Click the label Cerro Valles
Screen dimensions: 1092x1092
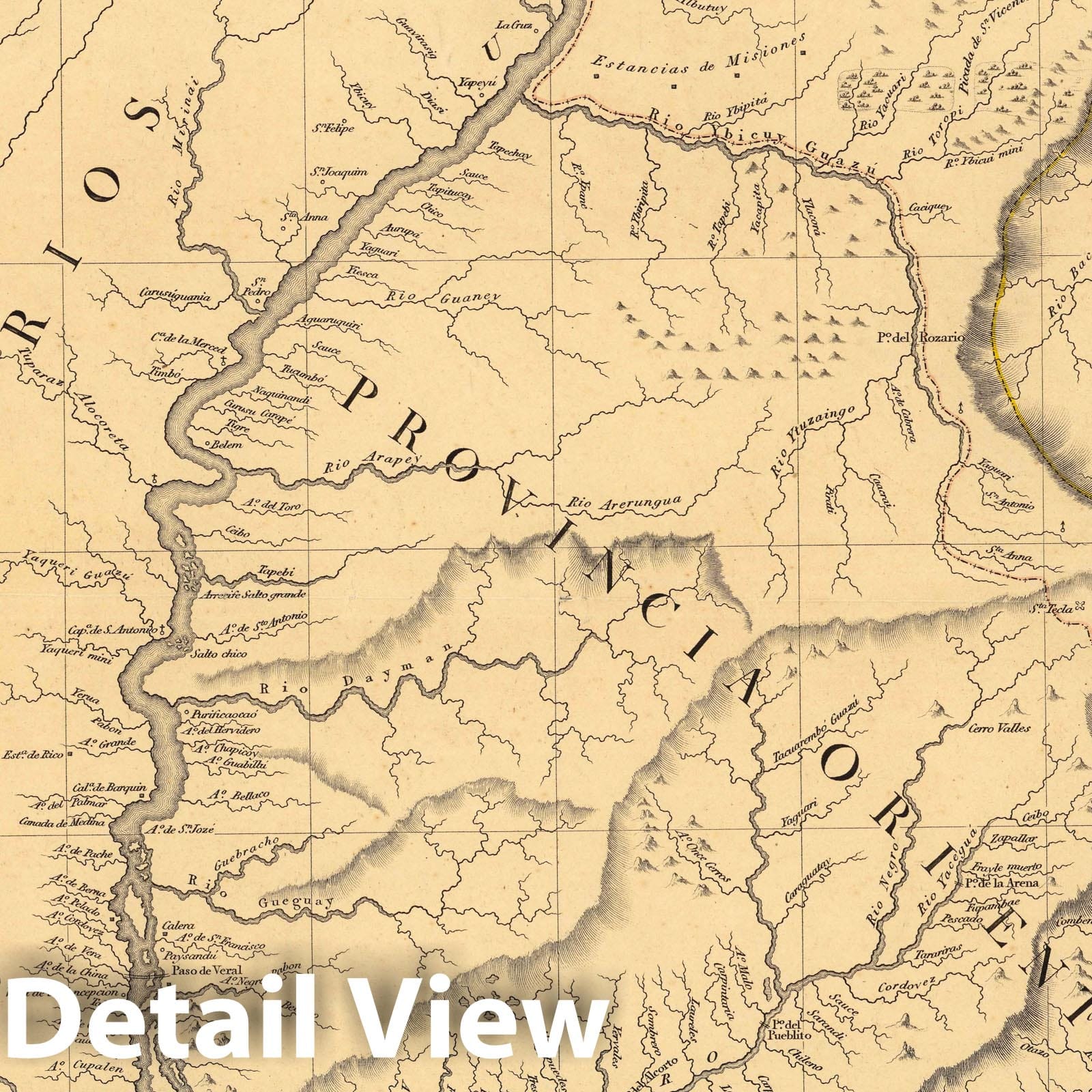point(999,728)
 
